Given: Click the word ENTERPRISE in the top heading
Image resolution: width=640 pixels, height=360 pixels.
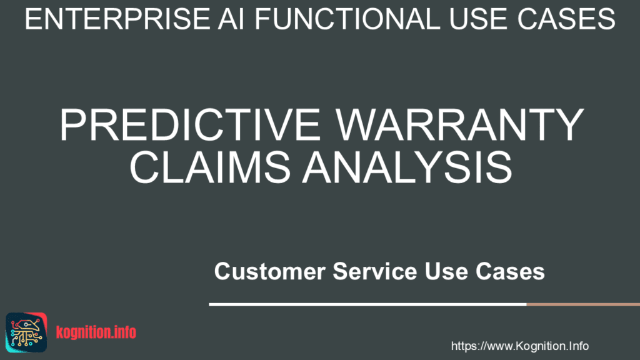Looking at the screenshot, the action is pyautogui.click(x=117, y=19).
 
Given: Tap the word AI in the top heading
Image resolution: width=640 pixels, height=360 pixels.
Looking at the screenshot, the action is pyautogui.click(x=231, y=19).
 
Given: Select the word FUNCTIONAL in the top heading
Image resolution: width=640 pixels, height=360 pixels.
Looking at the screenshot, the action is pyautogui.click(x=347, y=19).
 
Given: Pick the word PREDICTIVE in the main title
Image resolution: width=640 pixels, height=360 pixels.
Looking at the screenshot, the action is pyautogui.click(x=190, y=124).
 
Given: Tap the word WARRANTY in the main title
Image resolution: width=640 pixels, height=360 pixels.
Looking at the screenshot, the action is pyautogui.click(x=460, y=124).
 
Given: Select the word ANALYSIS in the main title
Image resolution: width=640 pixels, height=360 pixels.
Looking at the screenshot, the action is pyautogui.click(x=407, y=167).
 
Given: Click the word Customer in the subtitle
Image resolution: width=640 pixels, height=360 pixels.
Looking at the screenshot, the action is pyautogui.click(x=270, y=271).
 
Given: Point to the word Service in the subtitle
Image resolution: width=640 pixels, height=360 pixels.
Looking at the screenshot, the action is pyautogui.click(x=375, y=271).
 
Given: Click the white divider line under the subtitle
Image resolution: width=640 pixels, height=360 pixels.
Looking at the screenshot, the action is pyautogui.click(x=367, y=304).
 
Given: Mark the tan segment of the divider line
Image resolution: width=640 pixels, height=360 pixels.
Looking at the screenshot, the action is pyautogui.click(x=583, y=304).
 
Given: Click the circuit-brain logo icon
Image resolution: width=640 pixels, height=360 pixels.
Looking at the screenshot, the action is pyautogui.click(x=26, y=332).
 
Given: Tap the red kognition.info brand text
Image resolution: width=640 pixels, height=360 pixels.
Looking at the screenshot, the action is pyautogui.click(x=96, y=332).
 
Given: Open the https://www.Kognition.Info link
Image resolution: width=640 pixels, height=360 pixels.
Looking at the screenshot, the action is pyautogui.click(x=519, y=346).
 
